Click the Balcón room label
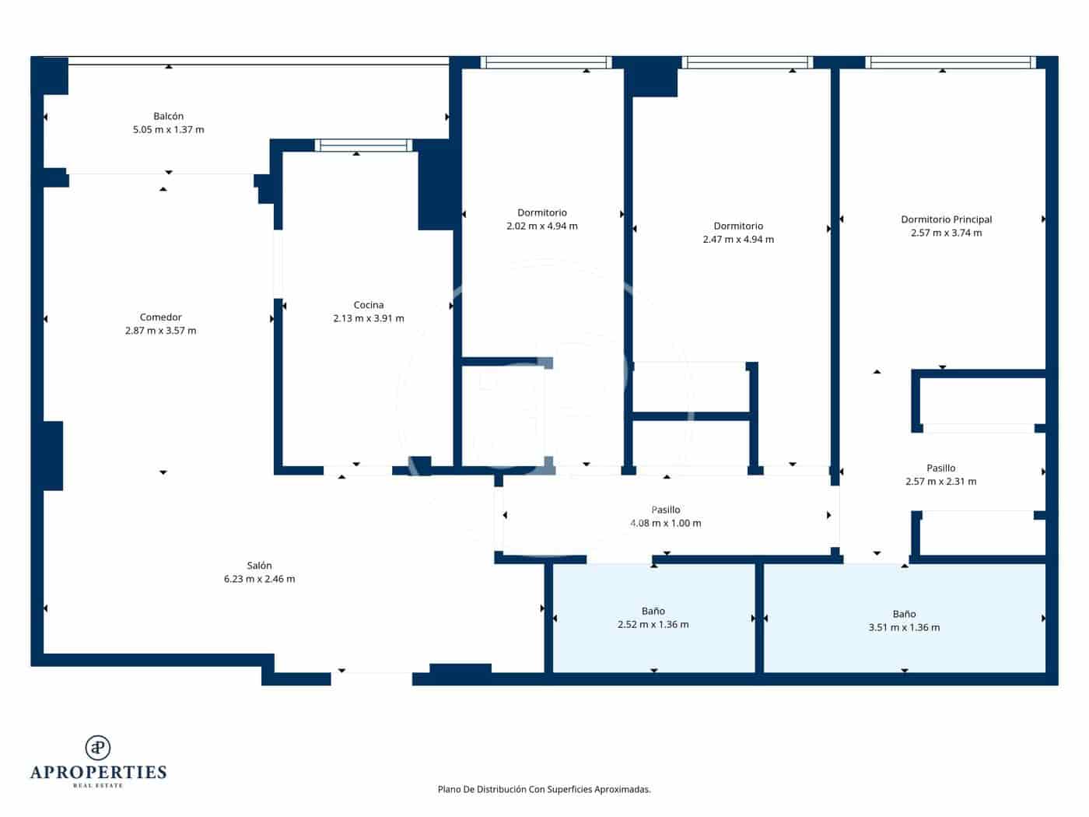pos(168,117)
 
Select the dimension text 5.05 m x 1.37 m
pos(168,130)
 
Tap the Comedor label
pos(160,317)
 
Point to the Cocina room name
pos(368,305)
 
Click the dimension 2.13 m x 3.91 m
pos(368,318)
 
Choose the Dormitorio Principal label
pos(946,219)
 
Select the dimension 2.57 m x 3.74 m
pos(946,233)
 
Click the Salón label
pos(259,566)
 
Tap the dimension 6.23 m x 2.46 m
pos(259,579)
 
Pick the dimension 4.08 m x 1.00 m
pos(665,523)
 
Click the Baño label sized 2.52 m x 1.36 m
pos(653,612)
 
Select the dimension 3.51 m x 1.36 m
pos(904,627)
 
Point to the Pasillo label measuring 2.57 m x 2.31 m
pos(940,468)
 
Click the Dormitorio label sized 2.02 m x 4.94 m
pos(541,212)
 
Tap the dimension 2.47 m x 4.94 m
pos(738,240)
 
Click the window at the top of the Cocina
pos(363,145)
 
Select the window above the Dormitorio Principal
pos(950,62)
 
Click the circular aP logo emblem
pos(97,748)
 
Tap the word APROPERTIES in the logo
pos(98,772)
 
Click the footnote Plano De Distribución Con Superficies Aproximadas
pos(544,789)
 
